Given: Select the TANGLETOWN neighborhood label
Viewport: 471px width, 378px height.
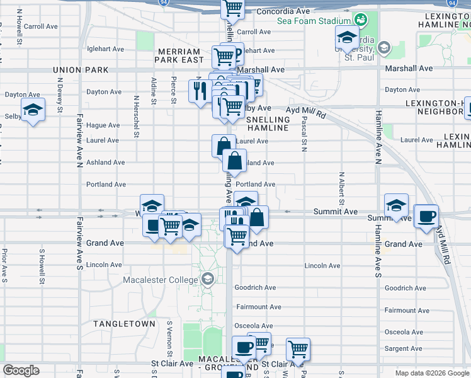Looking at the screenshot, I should tap(124, 323).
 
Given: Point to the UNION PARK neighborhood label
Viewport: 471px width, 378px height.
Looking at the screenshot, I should tap(81, 70).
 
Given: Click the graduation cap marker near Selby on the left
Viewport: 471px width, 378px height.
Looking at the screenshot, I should tap(33, 110).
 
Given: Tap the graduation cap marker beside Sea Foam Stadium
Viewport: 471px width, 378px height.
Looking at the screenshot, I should tap(346, 37).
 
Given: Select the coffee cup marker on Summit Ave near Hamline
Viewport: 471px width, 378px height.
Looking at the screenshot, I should tap(426, 215).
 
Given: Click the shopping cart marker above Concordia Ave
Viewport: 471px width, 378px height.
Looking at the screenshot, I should tap(232, 8).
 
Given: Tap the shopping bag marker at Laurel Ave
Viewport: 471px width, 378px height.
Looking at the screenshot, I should tap(223, 146).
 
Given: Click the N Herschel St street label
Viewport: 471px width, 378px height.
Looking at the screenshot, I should tap(136, 116).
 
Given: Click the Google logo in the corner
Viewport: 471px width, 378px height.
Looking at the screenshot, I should tap(21, 370).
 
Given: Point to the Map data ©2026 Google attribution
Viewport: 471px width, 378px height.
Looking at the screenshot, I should tap(433, 373).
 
